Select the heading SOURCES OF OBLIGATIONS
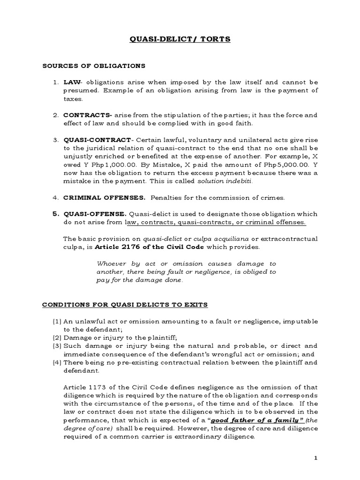pyautogui.click(x=94, y=66)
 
